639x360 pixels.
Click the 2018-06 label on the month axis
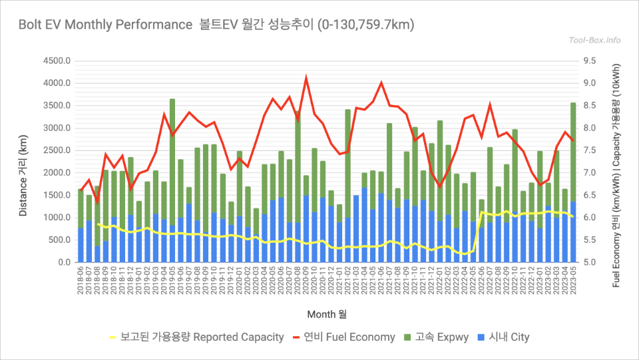coord(81,283)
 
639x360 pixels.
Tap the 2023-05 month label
coord(573,283)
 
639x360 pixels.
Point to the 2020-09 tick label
coord(306,283)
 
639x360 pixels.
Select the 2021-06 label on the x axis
coord(381,283)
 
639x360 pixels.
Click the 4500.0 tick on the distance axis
coord(57,61)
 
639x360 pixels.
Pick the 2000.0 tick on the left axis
coord(57,173)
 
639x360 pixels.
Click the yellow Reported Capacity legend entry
coord(196,337)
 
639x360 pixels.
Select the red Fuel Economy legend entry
coord(343,337)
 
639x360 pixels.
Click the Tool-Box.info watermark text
coord(594,40)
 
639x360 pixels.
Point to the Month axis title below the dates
coord(326,313)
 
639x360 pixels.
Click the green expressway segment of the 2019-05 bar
coord(172,160)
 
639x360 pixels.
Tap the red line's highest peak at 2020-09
coord(306,79)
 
